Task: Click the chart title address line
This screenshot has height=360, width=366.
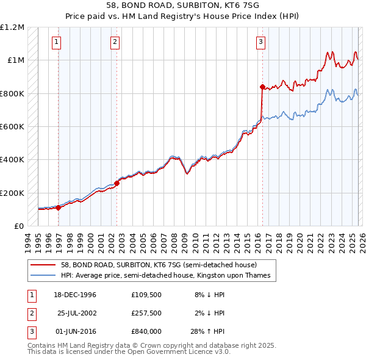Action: pos(183,5)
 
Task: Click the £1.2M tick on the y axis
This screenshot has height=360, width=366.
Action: pos(12,27)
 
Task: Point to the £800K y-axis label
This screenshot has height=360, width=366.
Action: pos(12,93)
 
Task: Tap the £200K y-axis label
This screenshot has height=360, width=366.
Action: pos(12,193)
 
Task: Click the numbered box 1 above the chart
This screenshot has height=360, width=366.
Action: pos(56,42)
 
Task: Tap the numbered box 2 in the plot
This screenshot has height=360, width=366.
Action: pos(115,42)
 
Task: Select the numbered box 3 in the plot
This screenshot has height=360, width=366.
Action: pos(260,42)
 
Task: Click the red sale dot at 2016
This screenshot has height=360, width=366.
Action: pos(262,87)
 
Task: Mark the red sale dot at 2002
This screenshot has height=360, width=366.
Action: pos(117,183)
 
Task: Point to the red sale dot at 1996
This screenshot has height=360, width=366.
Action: pos(59,207)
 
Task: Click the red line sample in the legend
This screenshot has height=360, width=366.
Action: pos(43,265)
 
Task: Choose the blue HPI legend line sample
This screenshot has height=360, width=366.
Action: pos(43,276)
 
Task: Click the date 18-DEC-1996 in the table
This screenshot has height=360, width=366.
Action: pos(75,295)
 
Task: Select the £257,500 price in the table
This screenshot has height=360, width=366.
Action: pos(146,313)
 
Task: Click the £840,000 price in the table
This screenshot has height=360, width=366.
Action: pos(146,331)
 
